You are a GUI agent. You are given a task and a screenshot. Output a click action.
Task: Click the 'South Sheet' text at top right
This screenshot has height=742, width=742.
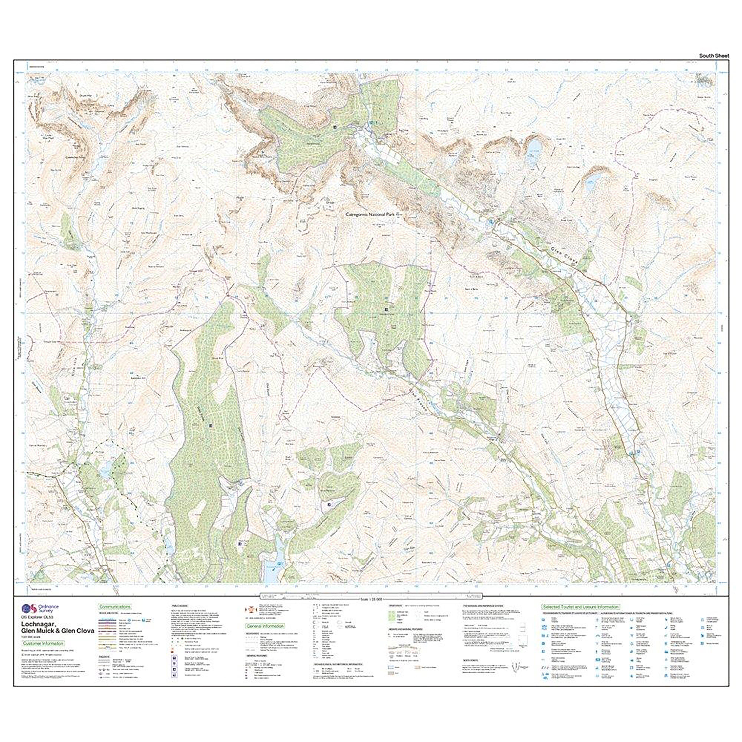click(x=714, y=56)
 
